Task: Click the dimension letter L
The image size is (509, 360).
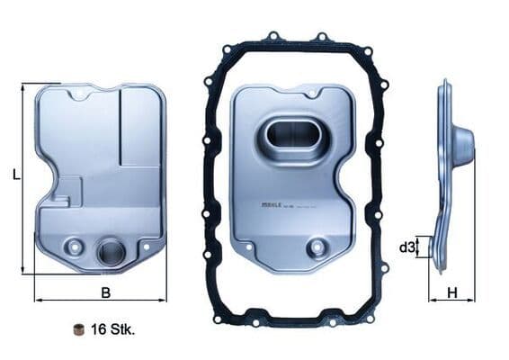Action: point(15,176)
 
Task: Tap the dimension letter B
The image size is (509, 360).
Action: point(105,292)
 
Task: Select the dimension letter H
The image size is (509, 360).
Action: point(453,292)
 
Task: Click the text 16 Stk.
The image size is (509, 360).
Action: point(112,329)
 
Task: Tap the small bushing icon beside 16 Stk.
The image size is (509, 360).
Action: point(78,328)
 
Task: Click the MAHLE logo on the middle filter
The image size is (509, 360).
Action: point(273,205)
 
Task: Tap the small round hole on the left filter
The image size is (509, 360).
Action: point(74,246)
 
